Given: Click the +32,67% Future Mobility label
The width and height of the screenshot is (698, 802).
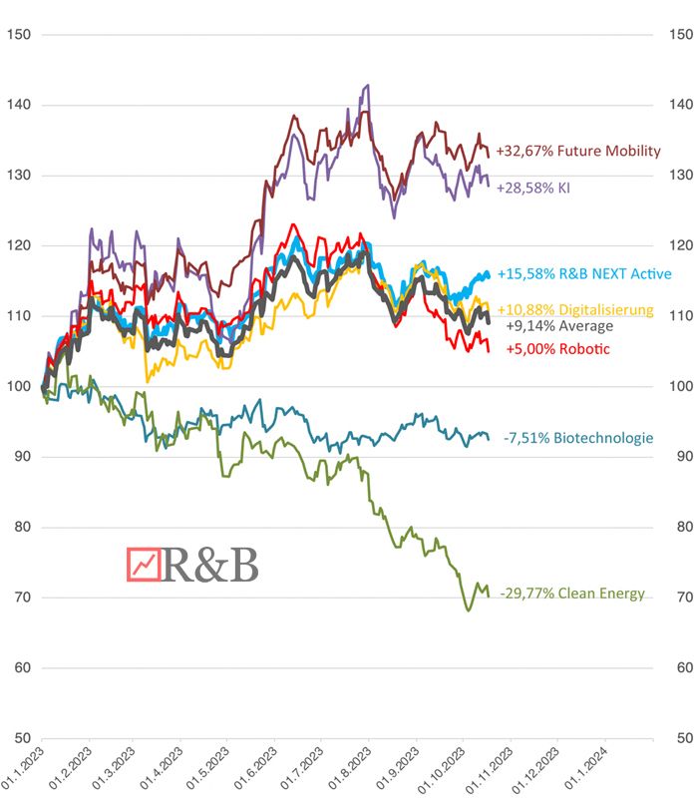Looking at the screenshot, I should pyautogui.click(x=578, y=152).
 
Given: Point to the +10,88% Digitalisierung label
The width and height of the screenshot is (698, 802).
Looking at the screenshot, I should pyautogui.click(x=575, y=309).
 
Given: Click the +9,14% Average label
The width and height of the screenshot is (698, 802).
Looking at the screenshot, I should pyautogui.click(x=559, y=325).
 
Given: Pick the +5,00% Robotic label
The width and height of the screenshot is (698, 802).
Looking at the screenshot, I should pyautogui.click(x=557, y=349).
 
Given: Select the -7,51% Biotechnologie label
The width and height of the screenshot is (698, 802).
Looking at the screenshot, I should pyautogui.click(x=578, y=438).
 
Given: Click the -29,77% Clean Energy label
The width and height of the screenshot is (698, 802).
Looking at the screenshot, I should pyautogui.click(x=572, y=594).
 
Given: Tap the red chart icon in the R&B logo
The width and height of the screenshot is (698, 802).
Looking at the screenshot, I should pyautogui.click(x=144, y=565).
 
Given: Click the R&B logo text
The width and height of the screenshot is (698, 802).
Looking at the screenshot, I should pyautogui.click(x=209, y=565).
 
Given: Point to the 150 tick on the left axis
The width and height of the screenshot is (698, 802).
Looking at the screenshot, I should pyautogui.click(x=18, y=35).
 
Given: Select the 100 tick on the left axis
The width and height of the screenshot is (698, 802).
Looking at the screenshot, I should pyautogui.click(x=18, y=387).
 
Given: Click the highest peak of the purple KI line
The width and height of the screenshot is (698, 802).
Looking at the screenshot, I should pyautogui.click(x=368, y=86).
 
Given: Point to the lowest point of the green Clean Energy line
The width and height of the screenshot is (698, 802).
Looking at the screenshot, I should pyautogui.click(x=468, y=609).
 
